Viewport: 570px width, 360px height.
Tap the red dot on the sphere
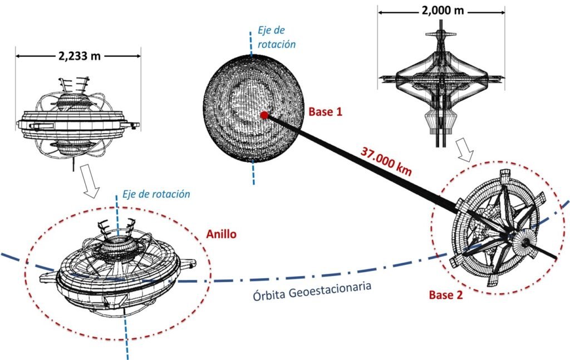coord(264,115)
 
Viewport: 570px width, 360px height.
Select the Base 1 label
coord(325,112)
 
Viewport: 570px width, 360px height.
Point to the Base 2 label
coord(445,295)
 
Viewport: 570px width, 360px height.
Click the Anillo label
coord(221,234)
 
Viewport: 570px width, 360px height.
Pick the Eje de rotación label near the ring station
coord(156,194)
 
